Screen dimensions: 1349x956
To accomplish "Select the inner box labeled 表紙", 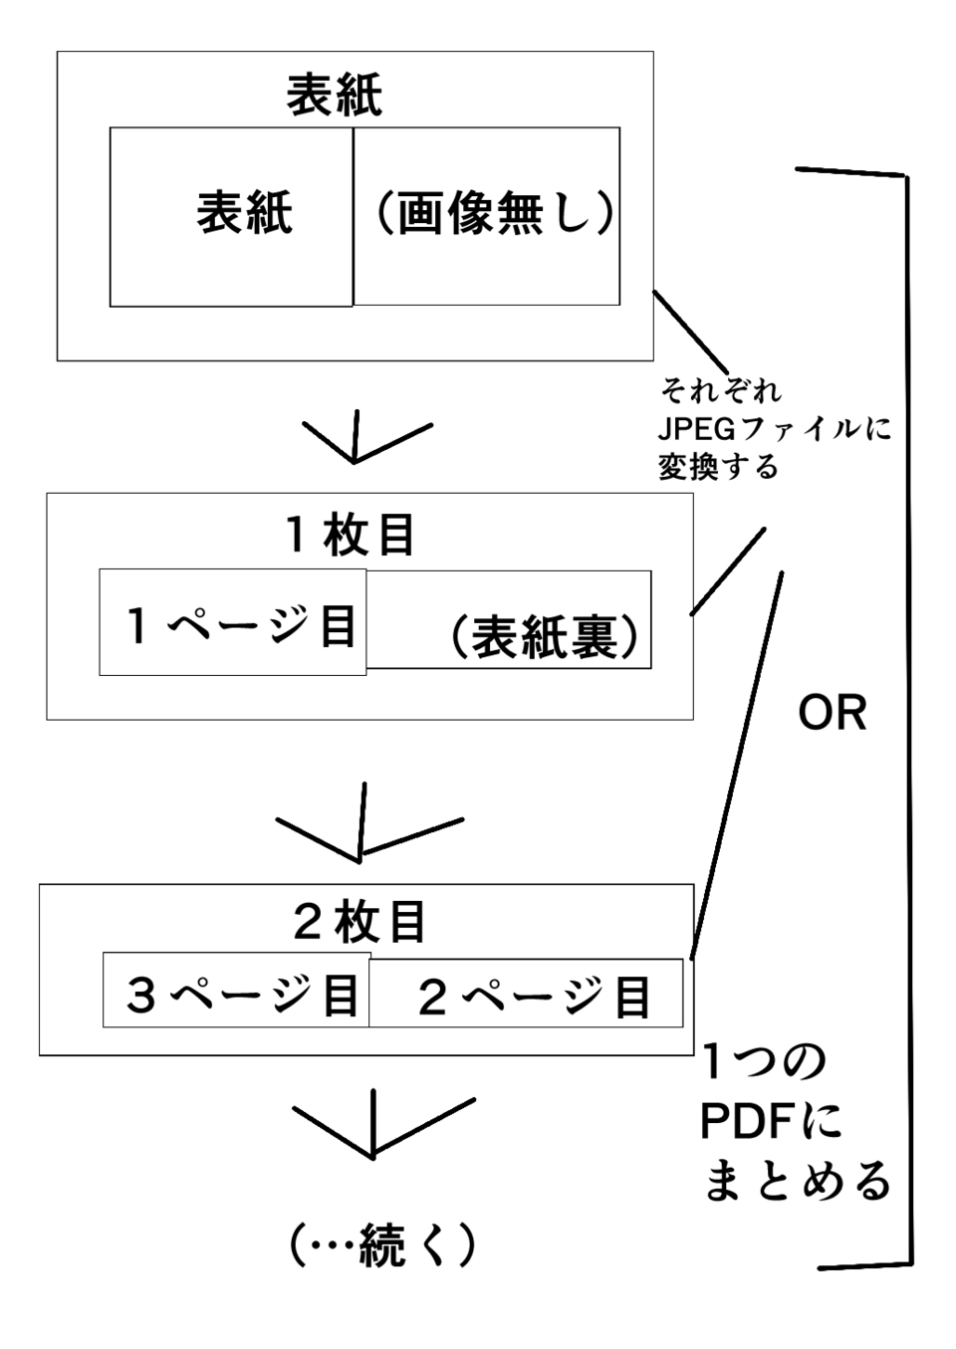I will coord(231,216).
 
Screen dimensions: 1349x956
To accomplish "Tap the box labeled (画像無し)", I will coord(487,216).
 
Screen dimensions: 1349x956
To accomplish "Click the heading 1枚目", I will coord(351,536).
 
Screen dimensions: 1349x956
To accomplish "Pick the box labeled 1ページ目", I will coord(233,623).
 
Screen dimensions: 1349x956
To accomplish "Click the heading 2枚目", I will coord(359,922).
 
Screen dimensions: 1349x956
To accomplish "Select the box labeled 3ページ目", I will coord(237,992).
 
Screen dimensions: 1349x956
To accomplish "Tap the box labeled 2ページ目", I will coord(526,994).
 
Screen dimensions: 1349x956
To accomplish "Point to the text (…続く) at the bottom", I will coord(381,1245).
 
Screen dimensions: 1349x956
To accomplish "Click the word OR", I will coord(833,713).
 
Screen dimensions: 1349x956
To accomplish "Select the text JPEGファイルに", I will coord(774,429).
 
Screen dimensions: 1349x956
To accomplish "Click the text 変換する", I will coord(718,466).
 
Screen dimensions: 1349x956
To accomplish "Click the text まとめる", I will coord(797,1181).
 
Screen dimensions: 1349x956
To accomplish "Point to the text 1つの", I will coord(764,1063).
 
